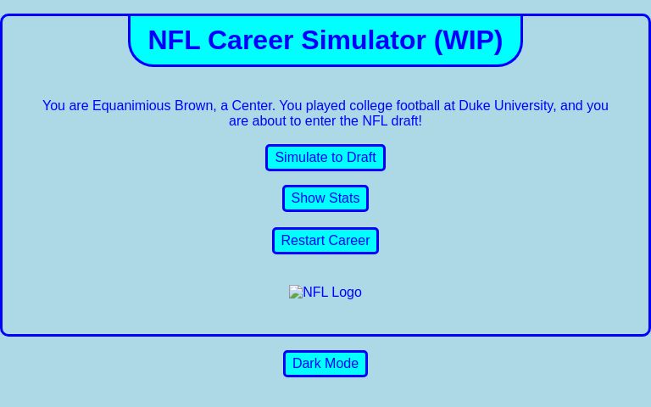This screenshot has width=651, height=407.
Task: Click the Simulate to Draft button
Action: coord(325,158)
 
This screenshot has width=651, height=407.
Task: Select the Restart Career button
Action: coord(325,241)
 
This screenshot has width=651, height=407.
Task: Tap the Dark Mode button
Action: coord(325,364)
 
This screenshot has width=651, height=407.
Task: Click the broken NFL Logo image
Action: coord(325,293)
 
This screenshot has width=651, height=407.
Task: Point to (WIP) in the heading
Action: coord(468,40)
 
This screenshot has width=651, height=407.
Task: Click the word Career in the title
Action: coord(251,40)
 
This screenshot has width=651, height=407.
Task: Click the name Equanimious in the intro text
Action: coord(131,106)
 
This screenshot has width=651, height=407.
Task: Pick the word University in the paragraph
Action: coord(525,106)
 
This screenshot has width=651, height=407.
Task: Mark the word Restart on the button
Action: coord(303,241)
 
